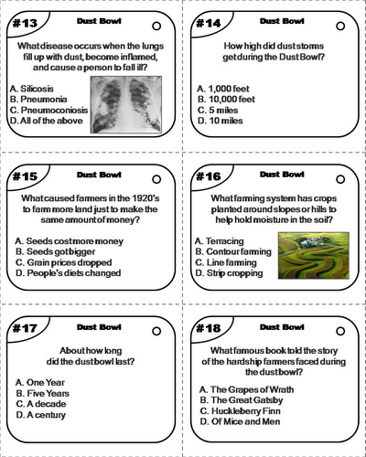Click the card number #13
tap(25, 23)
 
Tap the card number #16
tap(209, 176)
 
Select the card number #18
tap(209, 328)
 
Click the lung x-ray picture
tap(126, 104)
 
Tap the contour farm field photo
tap(314, 255)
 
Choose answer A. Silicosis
tap(32, 89)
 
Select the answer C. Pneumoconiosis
tap(48, 110)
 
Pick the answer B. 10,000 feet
tap(226, 100)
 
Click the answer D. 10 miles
tap(221, 121)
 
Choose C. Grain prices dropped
tap(64, 262)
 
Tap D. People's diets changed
tap(69, 273)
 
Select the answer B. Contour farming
tap(233, 251)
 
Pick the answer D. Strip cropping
tap(229, 273)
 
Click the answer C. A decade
tap(41, 404)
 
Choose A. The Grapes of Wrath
tap(247, 389)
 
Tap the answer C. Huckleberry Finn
tap(241, 411)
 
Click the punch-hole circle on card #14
tap(340, 27)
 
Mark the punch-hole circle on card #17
tap(156, 331)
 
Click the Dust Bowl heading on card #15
tap(99, 175)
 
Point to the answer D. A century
tap(41, 415)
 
